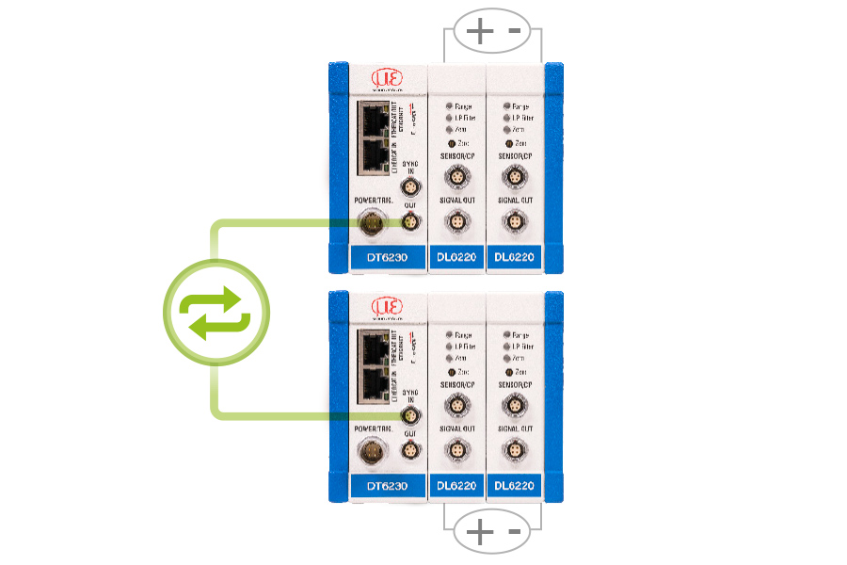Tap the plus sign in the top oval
(x=480, y=32)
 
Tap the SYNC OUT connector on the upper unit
(x=409, y=221)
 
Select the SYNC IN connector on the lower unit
(x=409, y=415)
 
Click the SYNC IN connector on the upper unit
(x=409, y=186)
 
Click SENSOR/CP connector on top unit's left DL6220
(x=456, y=176)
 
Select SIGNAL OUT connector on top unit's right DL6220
(x=514, y=221)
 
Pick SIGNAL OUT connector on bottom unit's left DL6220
(x=456, y=450)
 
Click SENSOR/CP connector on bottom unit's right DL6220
(x=514, y=405)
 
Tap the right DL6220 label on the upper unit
(x=514, y=257)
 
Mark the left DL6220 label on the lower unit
(x=456, y=486)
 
